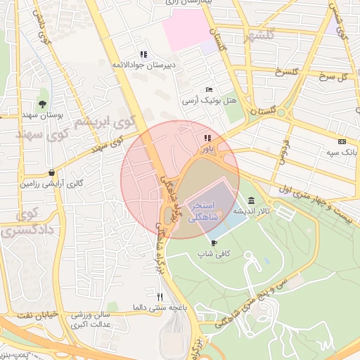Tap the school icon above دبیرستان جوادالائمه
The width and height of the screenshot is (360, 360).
pos(143,54)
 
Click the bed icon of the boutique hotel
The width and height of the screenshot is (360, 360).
pos(209,90)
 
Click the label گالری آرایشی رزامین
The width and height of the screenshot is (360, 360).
pos(51,184)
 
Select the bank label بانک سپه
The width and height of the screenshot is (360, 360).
pos(342,152)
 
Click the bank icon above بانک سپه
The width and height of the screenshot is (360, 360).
pos(342,141)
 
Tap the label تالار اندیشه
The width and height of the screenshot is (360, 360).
pos(251,210)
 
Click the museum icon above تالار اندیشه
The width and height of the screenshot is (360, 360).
pos(251,200)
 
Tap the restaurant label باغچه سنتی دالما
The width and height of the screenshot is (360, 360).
pos(161,307)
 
